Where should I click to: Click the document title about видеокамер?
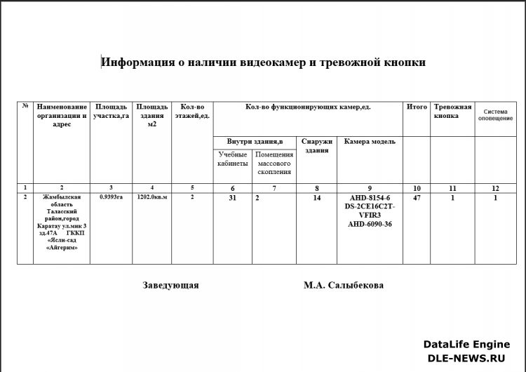(263, 62)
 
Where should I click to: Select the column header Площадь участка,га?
(111, 111)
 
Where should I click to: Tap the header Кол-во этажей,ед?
(191, 111)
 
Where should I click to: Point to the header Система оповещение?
(495, 114)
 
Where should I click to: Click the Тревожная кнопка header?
(452, 111)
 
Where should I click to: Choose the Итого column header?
(417, 107)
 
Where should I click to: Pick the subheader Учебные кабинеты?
(233, 159)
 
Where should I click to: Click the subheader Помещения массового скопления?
(274, 163)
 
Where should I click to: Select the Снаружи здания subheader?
(317, 145)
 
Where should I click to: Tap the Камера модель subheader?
(370, 141)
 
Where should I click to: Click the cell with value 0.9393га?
(111, 198)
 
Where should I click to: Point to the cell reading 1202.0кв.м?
(152, 198)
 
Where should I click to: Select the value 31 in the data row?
(233, 199)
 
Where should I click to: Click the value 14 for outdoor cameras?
(317, 199)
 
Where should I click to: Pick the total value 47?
(417, 199)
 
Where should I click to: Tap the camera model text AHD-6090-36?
(370, 224)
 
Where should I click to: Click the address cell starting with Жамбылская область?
(62, 222)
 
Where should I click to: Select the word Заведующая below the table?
(170, 286)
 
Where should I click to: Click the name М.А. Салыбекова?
(344, 286)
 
